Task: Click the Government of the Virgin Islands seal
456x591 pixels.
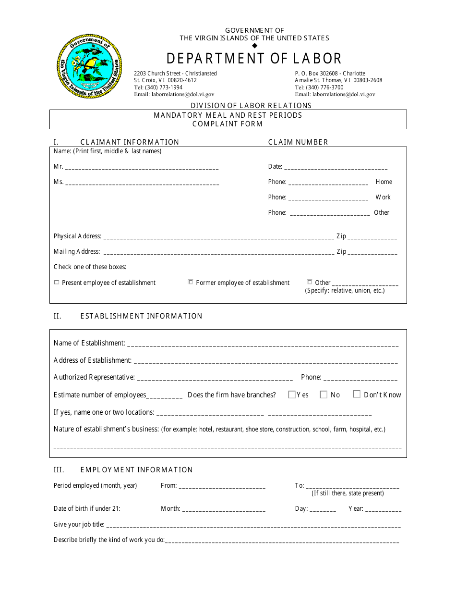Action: [89, 66]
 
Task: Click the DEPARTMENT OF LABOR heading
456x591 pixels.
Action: [254, 59]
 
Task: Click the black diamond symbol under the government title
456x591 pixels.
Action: [254, 46]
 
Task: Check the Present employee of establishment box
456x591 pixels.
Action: [57, 283]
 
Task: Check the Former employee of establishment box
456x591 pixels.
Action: [191, 282]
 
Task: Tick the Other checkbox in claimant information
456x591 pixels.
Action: [310, 282]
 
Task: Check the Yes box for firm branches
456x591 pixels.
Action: [292, 394]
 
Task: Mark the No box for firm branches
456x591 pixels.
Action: [324, 394]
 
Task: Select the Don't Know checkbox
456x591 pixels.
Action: [357, 394]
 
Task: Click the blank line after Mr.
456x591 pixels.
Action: [142, 168]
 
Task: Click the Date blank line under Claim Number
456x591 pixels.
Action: [336, 168]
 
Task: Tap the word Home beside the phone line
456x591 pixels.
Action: [384, 182]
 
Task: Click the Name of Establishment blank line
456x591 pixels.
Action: [263, 344]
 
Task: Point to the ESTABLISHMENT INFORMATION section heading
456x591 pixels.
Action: [141, 316]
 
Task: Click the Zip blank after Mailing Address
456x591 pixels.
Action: [372, 252]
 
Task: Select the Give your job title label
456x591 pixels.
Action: [79, 525]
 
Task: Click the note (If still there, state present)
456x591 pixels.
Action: [348, 493]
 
